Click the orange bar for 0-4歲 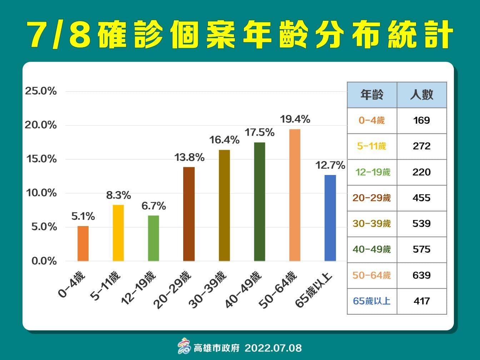(83, 243)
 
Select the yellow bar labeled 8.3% (118, 232)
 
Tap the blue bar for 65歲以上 (330, 218)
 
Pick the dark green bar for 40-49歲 (260, 201)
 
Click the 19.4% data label (295, 119)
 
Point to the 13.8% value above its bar (189, 157)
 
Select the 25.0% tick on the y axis (41, 91)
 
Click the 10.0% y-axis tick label (41, 193)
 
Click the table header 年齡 (372, 95)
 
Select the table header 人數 (422, 95)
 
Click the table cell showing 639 (422, 275)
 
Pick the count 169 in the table (422, 120)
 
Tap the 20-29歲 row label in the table (372, 198)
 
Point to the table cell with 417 (422, 301)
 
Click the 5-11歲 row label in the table (372, 146)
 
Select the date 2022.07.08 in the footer (273, 348)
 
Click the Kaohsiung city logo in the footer (184, 346)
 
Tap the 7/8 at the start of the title (59, 35)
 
